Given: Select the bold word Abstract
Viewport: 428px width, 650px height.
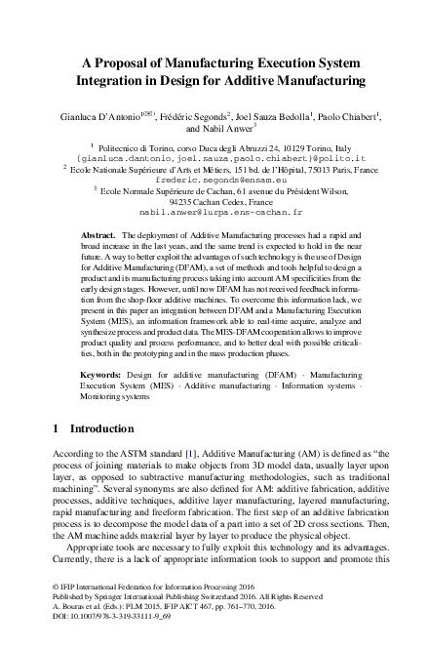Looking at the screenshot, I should click(x=97, y=237).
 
